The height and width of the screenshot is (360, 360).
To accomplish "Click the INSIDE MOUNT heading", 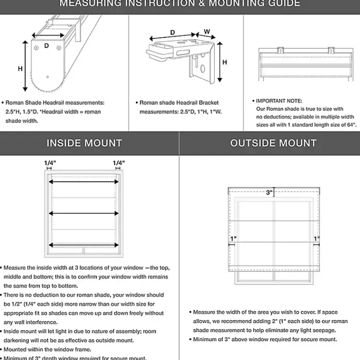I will (x=84, y=143).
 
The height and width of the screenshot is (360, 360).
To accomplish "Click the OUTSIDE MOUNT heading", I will (x=273, y=143).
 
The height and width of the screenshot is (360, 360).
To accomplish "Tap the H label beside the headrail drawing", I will (x=20, y=69).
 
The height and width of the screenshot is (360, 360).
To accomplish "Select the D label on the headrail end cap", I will (x=47, y=46).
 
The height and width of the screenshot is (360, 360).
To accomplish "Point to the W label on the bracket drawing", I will (x=207, y=32).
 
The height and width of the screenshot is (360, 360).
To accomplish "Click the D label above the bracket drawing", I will (x=172, y=33).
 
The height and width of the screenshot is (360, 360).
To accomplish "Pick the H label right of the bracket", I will (x=224, y=62).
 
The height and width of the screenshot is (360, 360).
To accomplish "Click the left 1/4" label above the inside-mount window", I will (x=50, y=163).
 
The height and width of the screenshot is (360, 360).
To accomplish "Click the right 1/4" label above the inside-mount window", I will (x=119, y=163).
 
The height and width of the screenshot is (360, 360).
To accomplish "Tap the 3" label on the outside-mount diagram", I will (x=269, y=192).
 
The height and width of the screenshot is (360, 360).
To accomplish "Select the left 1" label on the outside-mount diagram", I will (x=233, y=239).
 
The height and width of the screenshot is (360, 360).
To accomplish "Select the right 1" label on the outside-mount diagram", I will (x=316, y=239).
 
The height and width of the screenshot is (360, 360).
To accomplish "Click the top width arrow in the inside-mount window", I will (x=84, y=182).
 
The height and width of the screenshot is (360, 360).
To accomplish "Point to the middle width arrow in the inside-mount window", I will (x=84, y=213).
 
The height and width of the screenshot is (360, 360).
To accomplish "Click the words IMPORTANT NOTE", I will (x=279, y=101).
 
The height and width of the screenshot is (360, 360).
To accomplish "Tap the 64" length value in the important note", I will (x=350, y=125).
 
